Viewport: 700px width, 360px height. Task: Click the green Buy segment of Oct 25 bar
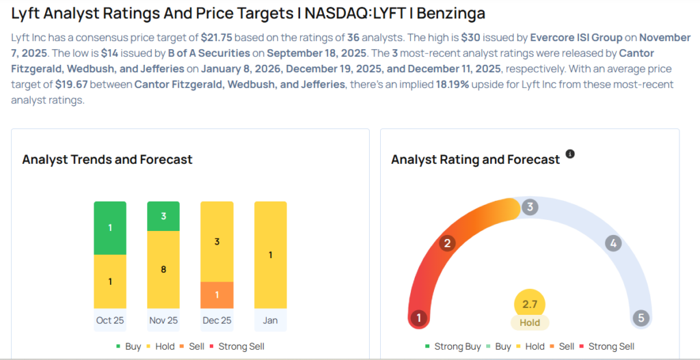point(110,227)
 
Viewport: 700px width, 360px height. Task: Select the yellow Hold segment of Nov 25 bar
point(163,270)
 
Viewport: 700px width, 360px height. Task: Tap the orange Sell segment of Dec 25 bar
point(217,294)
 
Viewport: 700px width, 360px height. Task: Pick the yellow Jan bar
point(270,255)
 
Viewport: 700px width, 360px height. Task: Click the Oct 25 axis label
point(110,320)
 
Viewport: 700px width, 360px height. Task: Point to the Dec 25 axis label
point(217,320)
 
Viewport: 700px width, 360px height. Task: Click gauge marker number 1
point(418,318)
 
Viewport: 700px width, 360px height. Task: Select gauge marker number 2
point(448,243)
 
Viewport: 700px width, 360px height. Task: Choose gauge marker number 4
point(613,243)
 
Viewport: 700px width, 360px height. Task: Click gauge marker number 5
point(641,318)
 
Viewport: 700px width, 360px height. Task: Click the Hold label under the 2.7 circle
point(530,322)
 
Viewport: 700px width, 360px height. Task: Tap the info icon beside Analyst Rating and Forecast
point(570,154)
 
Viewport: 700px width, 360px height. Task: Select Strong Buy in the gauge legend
point(457,346)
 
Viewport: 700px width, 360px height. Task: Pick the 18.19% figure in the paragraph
point(444,84)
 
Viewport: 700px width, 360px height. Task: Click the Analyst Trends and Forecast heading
point(107,160)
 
